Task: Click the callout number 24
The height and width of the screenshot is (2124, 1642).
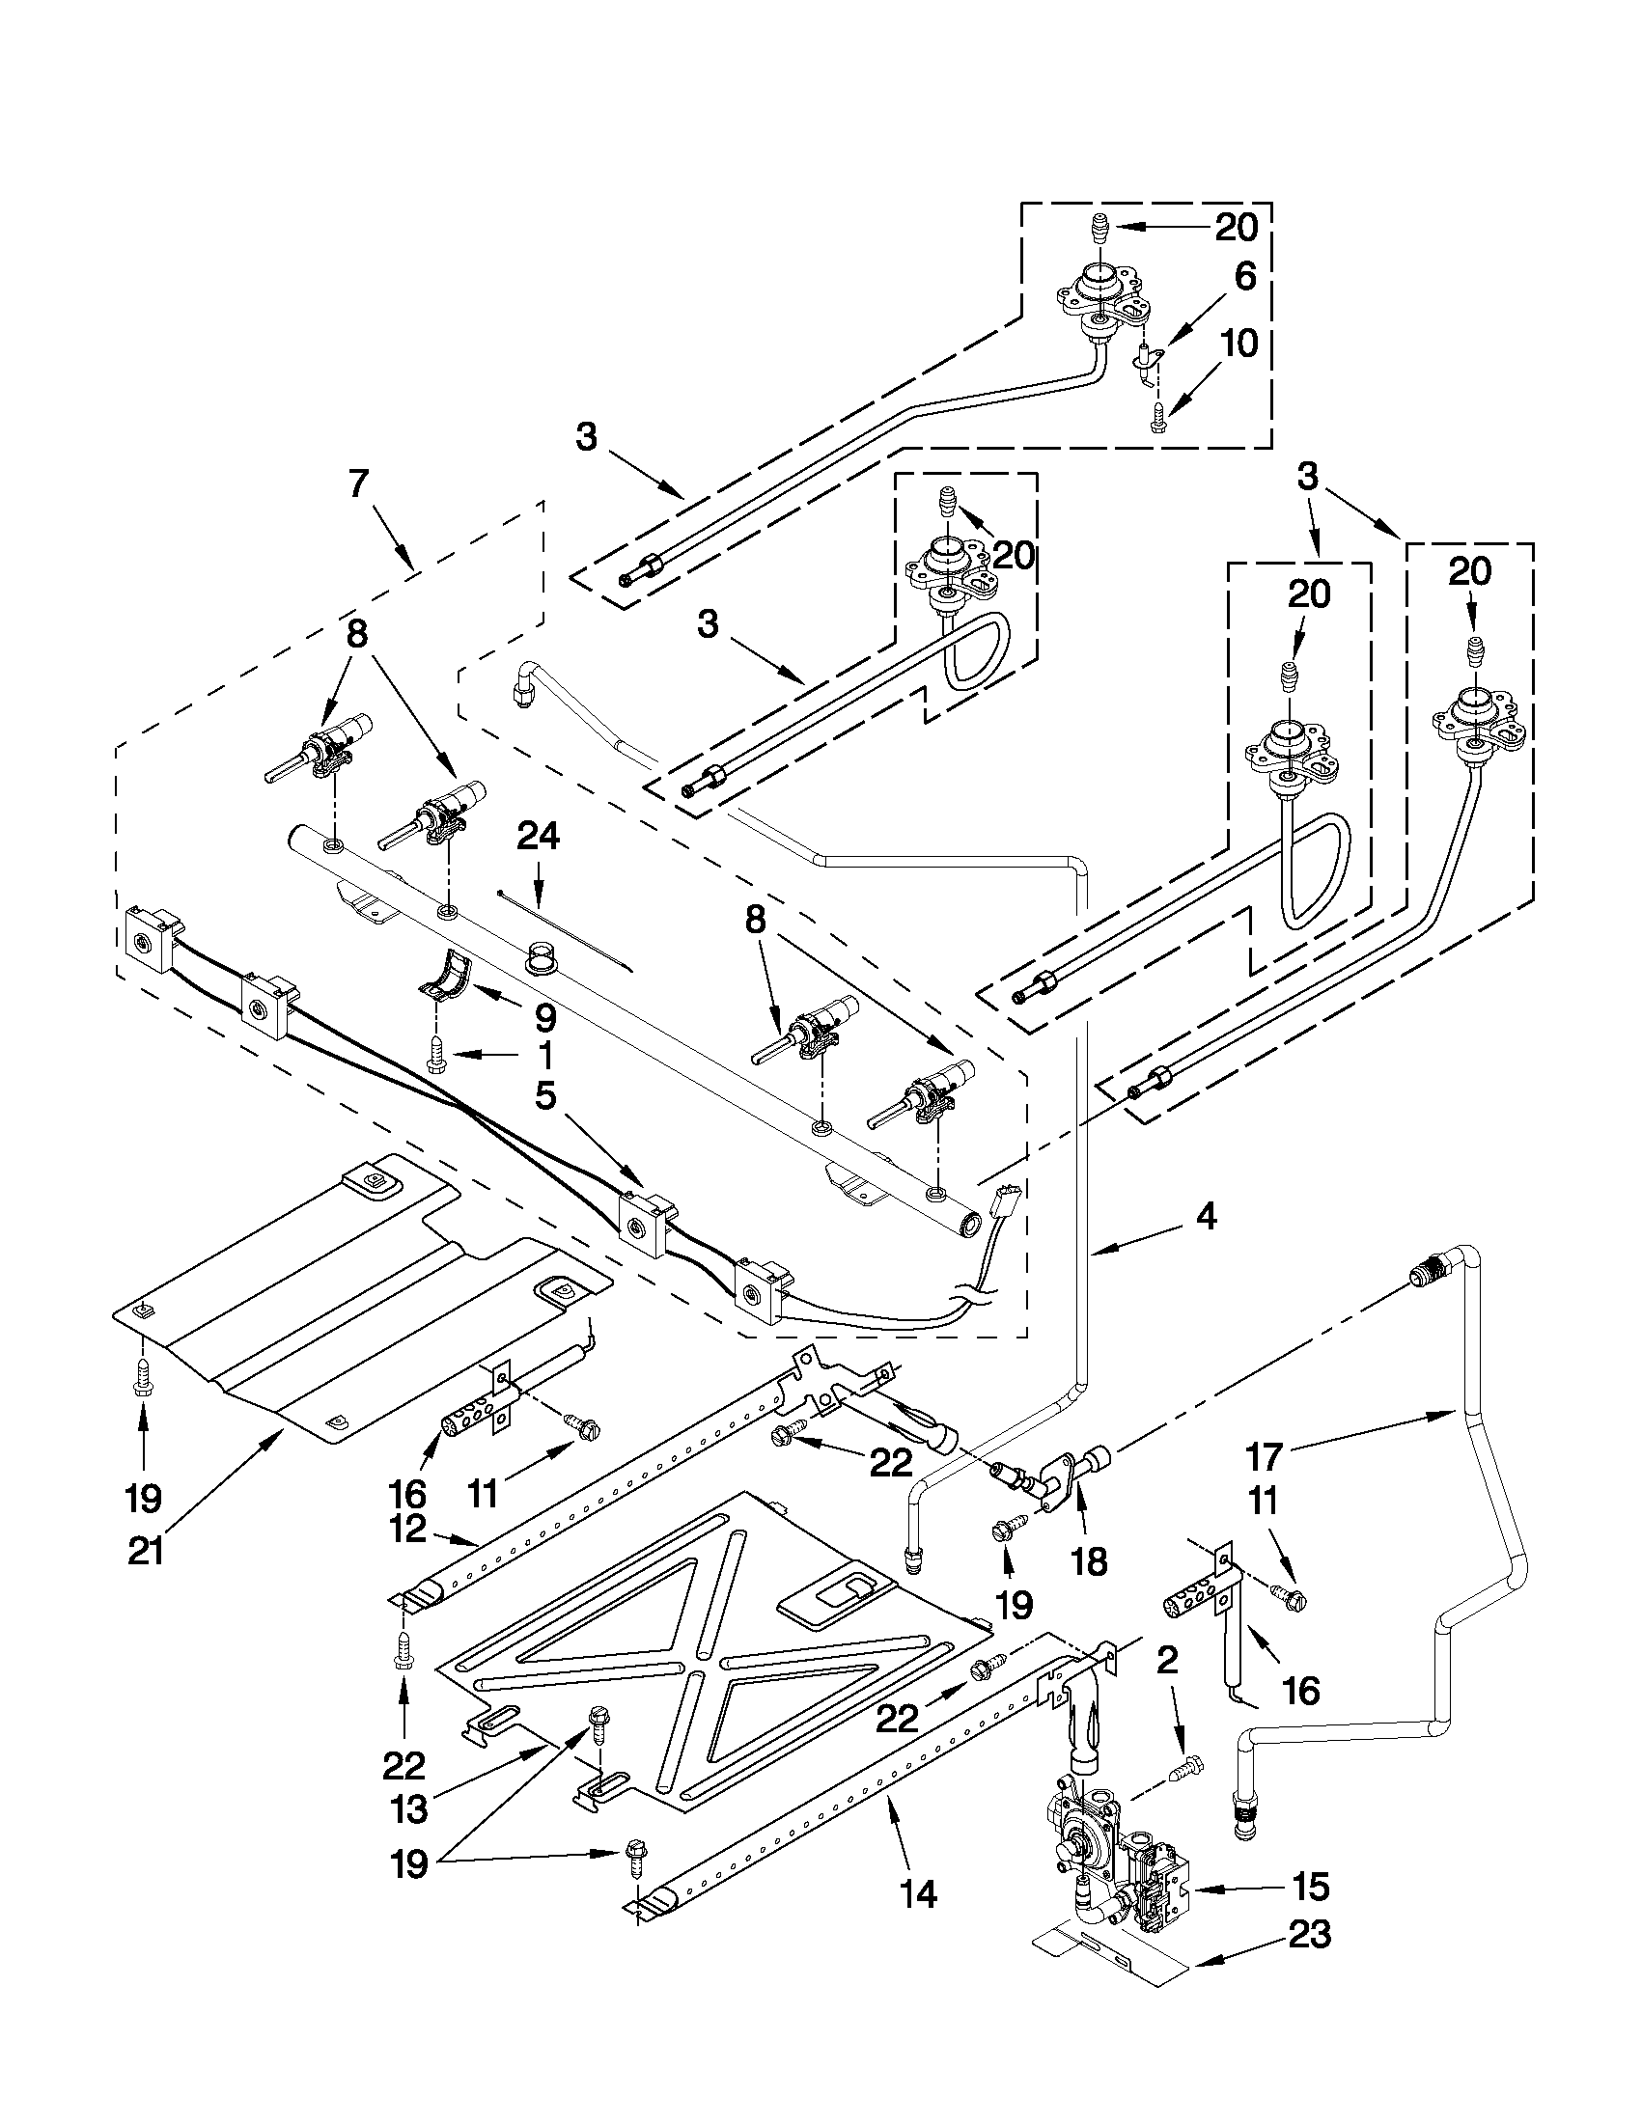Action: (538, 836)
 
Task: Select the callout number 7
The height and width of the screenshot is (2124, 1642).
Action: (358, 483)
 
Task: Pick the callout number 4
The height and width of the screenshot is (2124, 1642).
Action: (1206, 1217)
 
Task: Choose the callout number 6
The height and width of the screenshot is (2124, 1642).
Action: (1245, 277)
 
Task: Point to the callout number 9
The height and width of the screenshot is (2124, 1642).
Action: (544, 1018)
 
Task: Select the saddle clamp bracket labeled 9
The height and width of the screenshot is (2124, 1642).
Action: (447, 977)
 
